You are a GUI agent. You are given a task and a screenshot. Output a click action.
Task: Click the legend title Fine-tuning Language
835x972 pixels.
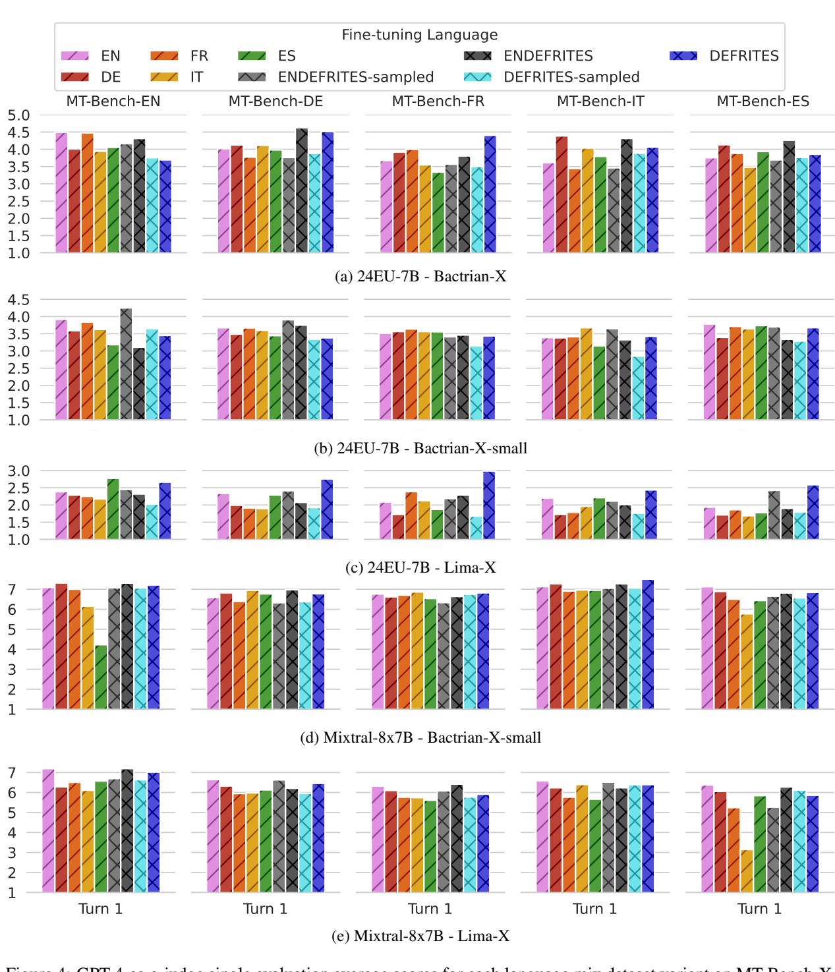point(419,34)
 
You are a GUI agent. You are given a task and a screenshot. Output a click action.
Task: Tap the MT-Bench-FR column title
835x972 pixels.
point(432,102)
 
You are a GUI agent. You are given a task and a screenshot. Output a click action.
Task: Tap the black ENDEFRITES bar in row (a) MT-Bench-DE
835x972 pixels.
point(301,190)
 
